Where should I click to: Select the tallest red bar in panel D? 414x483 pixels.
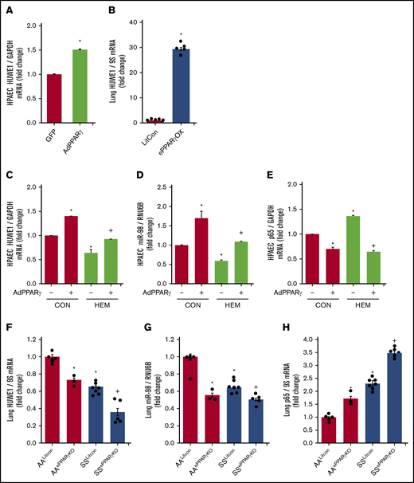(201, 246)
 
